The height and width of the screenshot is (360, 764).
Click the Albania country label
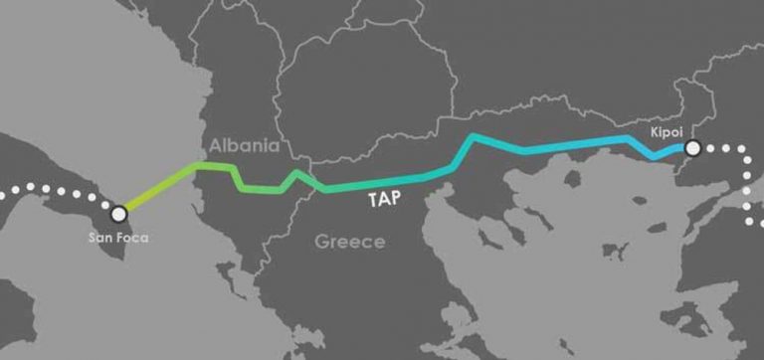pos(243,146)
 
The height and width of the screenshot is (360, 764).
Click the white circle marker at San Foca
pos(119,213)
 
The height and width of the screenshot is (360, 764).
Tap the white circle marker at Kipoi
pos(693,148)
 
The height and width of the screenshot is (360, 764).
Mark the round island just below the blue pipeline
pos(572,179)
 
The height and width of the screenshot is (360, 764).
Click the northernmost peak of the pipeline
pos(476,135)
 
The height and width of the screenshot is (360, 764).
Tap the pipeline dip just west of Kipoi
pos(655,157)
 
